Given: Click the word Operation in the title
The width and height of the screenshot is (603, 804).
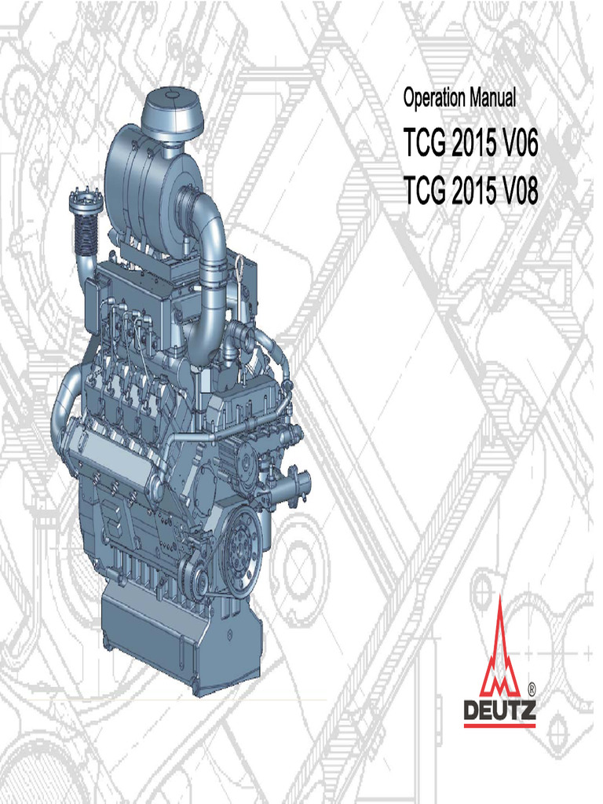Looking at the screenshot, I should pyautogui.click(x=434, y=99).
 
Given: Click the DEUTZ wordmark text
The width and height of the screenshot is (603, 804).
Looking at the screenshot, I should pyautogui.click(x=499, y=711).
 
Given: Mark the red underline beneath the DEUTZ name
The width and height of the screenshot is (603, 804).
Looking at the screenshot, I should pyautogui.click(x=499, y=726).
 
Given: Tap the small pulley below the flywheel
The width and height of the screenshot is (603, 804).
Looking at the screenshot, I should pyautogui.click(x=197, y=582).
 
